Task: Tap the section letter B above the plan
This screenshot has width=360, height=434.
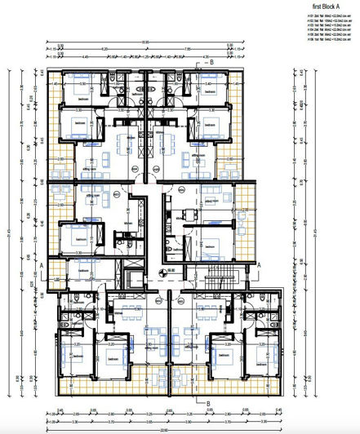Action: (x=210, y=62)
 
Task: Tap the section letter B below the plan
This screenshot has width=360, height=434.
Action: (x=208, y=402)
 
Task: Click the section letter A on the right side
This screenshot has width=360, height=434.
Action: (x=259, y=265)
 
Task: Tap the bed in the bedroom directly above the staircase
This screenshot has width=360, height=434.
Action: (x=214, y=243)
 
